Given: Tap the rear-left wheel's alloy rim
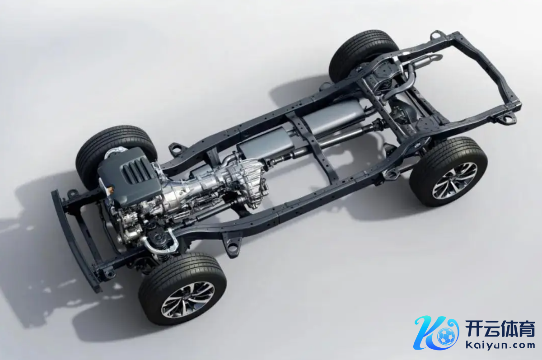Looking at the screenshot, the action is click(455, 181).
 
